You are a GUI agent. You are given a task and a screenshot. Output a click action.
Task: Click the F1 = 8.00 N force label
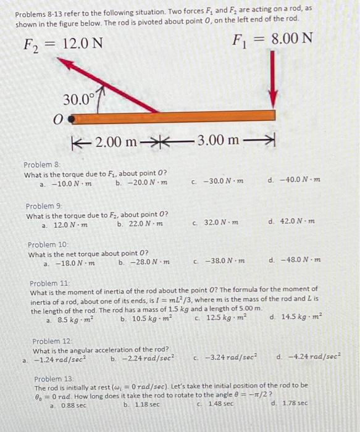[272, 41]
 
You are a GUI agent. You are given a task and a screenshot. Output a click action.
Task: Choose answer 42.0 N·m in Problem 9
[295, 221]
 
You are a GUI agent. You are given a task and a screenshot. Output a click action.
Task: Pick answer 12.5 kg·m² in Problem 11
[217, 318]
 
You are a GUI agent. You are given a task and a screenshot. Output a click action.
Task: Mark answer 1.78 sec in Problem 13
[293, 403]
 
